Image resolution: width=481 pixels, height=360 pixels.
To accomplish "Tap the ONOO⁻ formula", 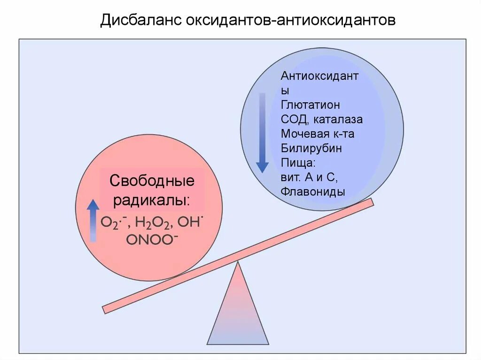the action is click(152, 238).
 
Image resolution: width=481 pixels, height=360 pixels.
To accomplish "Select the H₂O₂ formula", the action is click(152, 222).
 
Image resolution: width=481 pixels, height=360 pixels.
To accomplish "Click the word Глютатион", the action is click(310, 104).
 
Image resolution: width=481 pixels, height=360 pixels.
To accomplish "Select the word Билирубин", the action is click(311, 148).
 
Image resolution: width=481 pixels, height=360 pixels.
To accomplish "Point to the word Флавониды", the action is click(313, 192).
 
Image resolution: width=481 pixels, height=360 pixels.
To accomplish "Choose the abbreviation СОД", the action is click(293, 119).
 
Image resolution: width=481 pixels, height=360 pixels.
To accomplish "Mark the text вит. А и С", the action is click(310, 177).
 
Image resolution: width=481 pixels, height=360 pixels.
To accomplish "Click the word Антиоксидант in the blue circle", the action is click(319, 76).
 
